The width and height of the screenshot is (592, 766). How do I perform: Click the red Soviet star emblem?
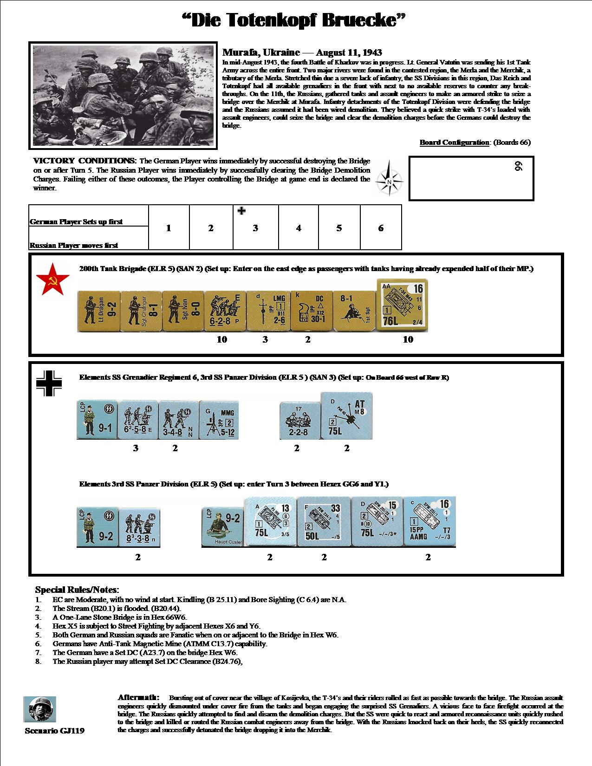(52, 279)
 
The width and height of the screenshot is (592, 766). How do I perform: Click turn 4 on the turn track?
(299, 228)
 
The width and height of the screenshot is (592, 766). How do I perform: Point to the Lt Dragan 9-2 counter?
(98, 312)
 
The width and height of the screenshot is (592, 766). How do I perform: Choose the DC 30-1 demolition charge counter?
(311, 312)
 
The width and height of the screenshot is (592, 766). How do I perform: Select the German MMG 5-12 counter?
(220, 420)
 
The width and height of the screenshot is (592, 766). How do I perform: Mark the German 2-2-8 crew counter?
(299, 420)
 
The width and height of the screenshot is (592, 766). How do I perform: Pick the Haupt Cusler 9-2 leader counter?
(222, 527)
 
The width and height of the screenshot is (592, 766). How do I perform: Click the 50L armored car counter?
(324, 521)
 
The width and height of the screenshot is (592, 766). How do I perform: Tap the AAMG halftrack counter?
(429, 521)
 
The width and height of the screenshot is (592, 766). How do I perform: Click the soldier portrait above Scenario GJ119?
(39, 709)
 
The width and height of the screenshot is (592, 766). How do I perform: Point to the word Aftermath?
(138, 697)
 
